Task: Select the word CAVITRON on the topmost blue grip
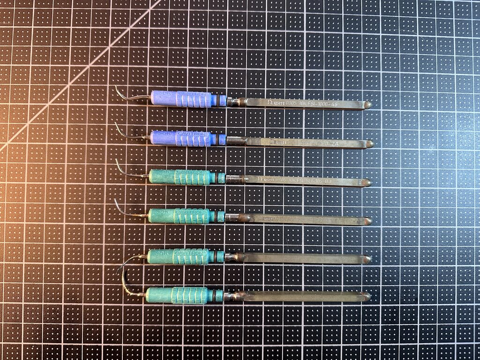point(193,95)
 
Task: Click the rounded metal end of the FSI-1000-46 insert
point(368,105)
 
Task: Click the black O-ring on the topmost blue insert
point(219,100)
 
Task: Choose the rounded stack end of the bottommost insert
point(366,297)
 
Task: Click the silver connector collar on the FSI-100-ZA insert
point(233,140)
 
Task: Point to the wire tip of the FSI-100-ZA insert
point(120,130)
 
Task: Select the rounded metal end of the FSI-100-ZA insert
point(369,144)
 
